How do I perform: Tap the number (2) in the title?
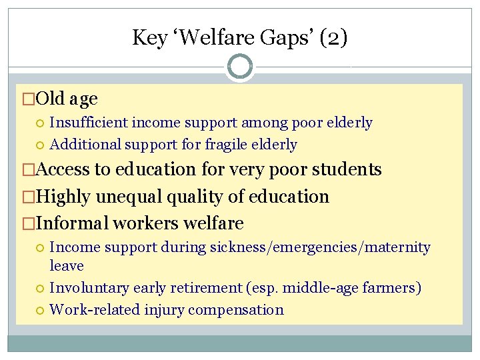click(333, 37)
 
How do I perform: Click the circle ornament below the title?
click(240, 67)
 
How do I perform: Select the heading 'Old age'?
click(67, 99)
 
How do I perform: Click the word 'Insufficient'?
click(89, 123)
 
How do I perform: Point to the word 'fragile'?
click(225, 145)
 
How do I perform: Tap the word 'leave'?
click(67, 265)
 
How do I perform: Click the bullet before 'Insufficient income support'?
click(41, 123)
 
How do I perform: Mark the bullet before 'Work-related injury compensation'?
click(41, 310)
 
